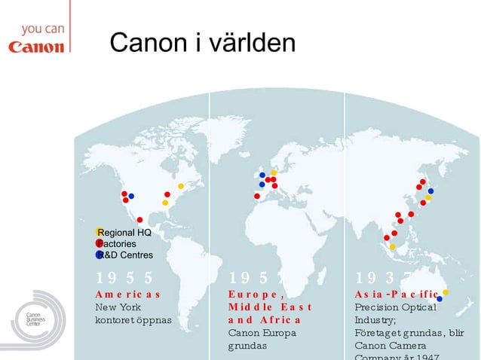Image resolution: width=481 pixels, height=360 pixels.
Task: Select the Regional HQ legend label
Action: (124, 233)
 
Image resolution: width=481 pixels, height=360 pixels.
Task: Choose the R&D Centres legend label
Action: (124, 255)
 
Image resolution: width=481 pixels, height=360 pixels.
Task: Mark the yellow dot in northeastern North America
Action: (181, 185)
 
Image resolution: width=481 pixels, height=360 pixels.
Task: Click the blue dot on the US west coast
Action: (131, 196)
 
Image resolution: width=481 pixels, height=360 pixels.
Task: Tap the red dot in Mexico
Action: (140, 220)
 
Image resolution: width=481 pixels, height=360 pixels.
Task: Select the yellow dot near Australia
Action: (446, 292)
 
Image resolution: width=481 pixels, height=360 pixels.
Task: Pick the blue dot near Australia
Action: (440, 299)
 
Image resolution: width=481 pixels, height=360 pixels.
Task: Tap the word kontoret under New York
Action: (115, 320)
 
